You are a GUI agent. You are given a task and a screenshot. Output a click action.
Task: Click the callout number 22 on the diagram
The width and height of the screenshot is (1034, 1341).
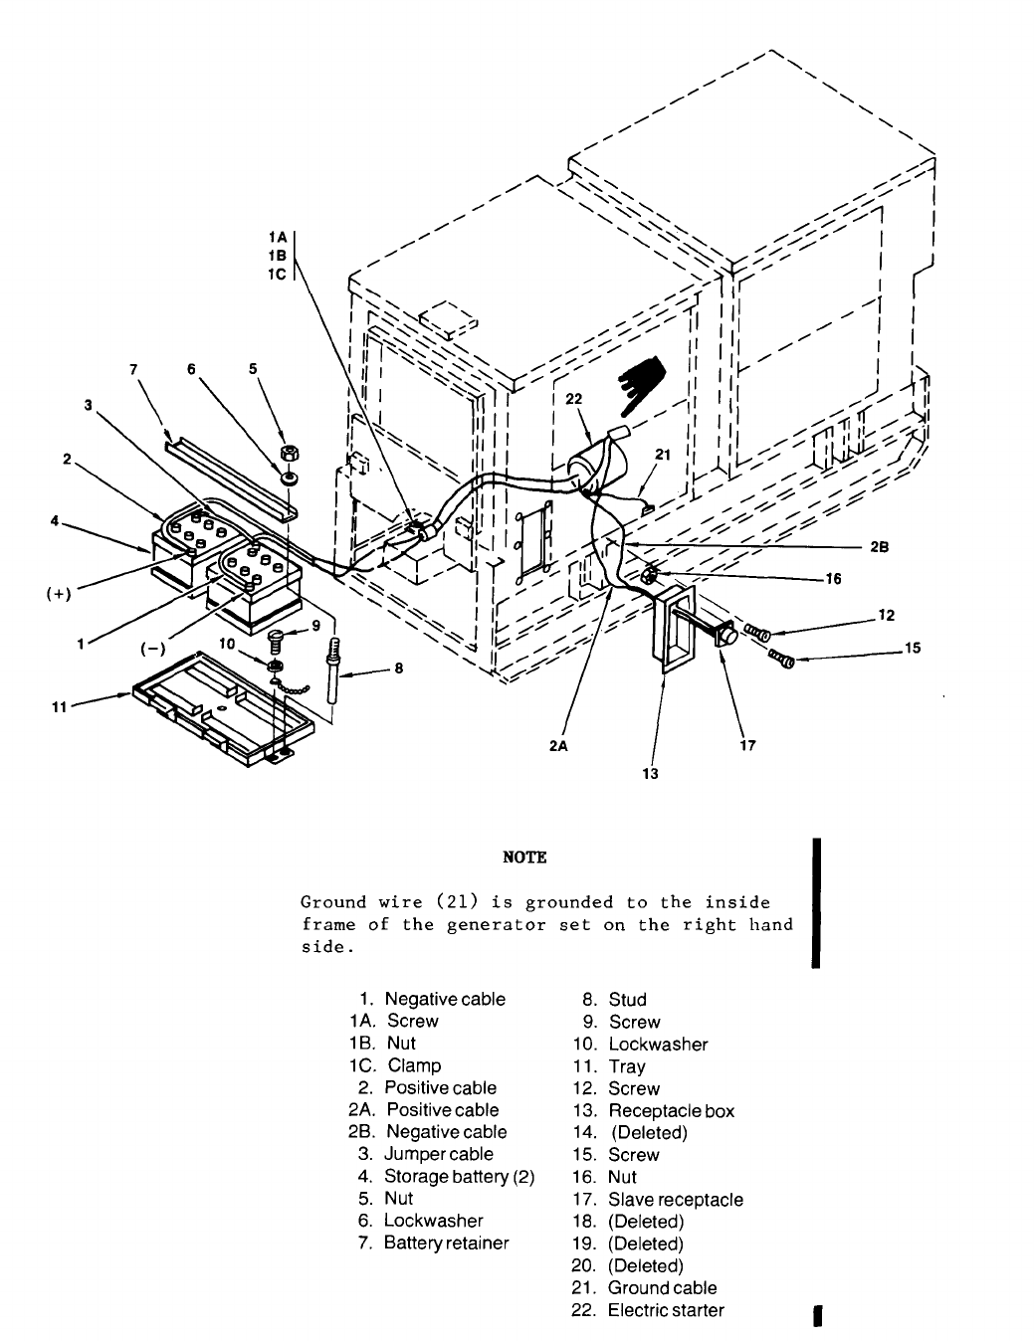click(574, 399)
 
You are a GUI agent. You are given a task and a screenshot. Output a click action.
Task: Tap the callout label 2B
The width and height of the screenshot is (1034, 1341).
click(878, 546)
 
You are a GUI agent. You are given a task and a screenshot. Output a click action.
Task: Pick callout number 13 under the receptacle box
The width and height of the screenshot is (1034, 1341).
click(650, 773)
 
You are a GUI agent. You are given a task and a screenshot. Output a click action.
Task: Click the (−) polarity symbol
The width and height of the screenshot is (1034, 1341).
click(152, 650)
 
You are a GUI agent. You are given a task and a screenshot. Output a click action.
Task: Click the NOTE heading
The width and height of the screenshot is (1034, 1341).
click(525, 858)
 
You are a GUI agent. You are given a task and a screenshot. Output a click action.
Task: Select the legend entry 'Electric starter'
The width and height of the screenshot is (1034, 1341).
click(666, 1310)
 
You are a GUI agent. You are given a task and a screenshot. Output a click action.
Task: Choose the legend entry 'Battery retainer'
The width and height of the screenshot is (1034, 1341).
click(446, 1243)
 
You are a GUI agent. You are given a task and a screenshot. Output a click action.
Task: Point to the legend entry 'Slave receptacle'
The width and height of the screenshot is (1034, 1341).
click(676, 1200)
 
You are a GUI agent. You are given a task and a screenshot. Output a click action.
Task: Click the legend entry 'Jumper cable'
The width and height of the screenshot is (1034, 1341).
click(439, 1154)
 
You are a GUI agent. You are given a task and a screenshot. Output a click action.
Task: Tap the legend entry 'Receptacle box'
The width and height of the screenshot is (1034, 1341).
click(671, 1111)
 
